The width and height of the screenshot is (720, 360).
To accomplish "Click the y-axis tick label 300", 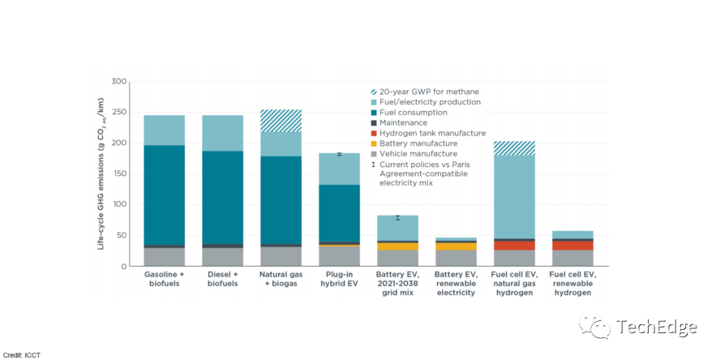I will (119, 82).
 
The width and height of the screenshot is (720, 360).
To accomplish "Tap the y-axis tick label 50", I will (121, 235).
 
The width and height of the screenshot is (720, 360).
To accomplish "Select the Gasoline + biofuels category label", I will (165, 280).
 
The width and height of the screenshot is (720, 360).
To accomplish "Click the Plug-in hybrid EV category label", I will (339, 280).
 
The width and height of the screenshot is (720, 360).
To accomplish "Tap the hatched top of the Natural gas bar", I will (281, 121).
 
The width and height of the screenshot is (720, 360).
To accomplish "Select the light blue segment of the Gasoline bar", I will (165, 130).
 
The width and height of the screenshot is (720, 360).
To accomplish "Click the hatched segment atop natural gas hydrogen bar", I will (514, 148).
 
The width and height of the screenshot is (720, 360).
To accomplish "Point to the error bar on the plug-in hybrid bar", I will (339, 153).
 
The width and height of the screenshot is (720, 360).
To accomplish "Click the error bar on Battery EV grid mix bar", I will (397, 217).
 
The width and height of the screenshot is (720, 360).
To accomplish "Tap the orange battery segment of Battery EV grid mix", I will (397, 246).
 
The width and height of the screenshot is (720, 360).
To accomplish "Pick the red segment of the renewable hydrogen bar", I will (572, 245).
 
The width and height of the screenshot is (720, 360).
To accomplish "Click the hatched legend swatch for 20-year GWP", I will (374, 92).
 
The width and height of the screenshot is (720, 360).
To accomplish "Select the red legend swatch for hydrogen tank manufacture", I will (374, 133).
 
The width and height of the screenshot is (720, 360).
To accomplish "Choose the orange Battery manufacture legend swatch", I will (374, 144).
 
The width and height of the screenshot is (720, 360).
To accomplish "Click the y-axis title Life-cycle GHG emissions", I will (102, 174).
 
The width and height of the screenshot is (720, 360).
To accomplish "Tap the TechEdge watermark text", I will (656, 328).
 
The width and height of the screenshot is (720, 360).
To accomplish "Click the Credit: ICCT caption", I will (22, 355).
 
